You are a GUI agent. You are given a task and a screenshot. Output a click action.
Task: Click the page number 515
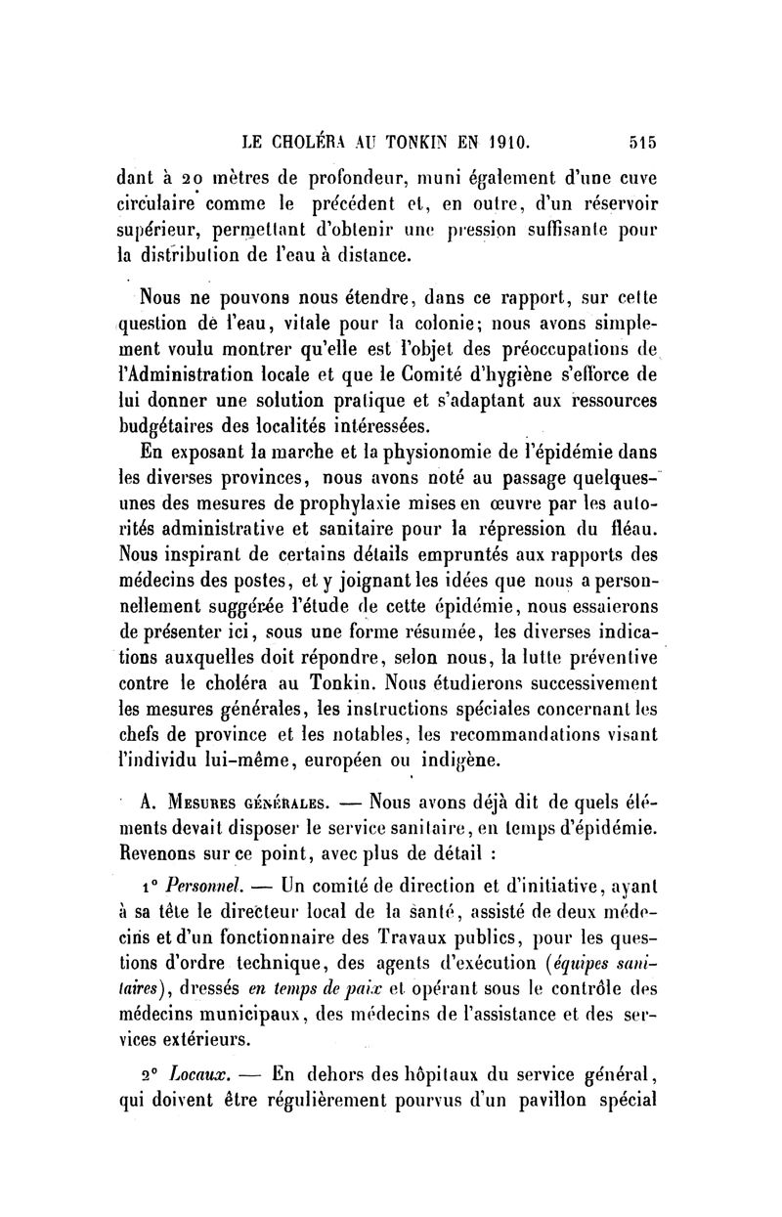point(642,141)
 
